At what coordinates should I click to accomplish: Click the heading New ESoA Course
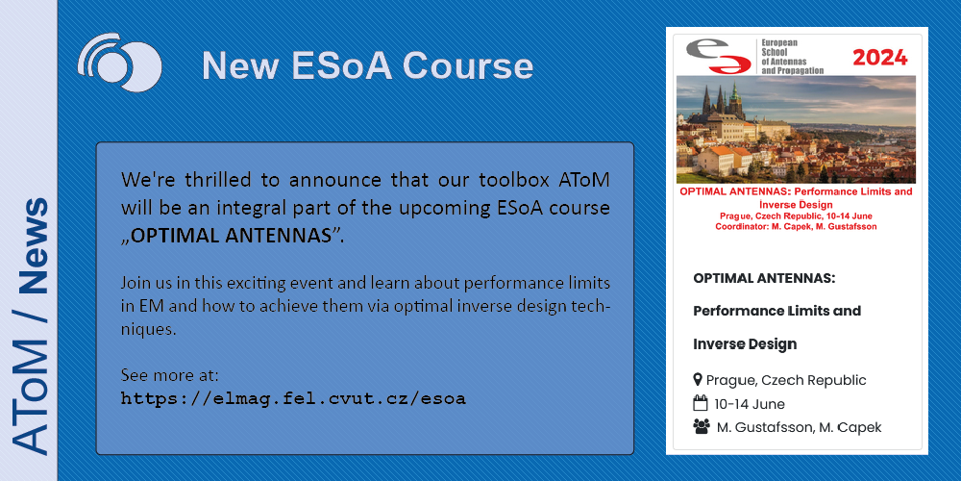[x=368, y=65]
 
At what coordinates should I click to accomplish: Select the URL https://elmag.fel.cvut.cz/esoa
[x=293, y=399]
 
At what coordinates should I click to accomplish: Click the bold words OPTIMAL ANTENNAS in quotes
[x=231, y=237]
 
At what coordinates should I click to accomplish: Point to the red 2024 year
[x=880, y=58]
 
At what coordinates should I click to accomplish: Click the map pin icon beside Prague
[x=698, y=380]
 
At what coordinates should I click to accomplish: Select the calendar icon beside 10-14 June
[x=700, y=404]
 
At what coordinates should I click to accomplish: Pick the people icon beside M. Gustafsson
[x=702, y=427]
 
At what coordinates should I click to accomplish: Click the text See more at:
[x=170, y=375]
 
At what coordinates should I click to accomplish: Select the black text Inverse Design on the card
[x=745, y=344]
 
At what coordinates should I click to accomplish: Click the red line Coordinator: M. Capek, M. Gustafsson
[x=796, y=226]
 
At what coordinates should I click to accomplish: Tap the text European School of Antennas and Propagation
[x=793, y=57]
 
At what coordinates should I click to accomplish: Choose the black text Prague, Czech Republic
[x=786, y=380]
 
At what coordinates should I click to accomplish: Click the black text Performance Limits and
[x=777, y=311]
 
